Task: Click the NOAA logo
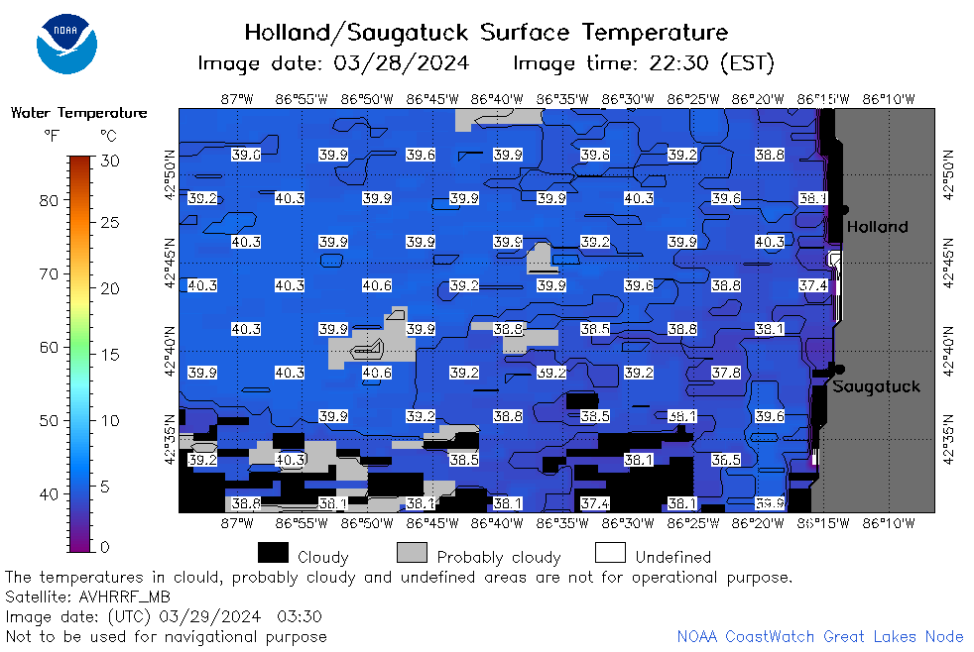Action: pos(66,44)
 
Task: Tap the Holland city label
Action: pos(877,227)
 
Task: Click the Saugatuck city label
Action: pos(876,386)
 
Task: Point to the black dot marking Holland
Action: pos(843,210)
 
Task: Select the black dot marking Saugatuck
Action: pos(840,370)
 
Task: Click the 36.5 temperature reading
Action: pos(726,460)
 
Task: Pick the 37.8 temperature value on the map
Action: pos(726,373)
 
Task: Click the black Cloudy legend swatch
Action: pos(273,553)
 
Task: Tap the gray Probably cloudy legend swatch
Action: pos(412,553)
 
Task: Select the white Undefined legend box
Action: pos(610,553)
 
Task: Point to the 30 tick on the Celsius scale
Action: pos(110,161)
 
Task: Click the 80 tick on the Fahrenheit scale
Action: pos(49,200)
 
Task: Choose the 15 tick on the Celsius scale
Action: pos(110,355)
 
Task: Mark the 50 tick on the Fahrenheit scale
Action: pos(49,420)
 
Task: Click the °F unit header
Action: pos(52,135)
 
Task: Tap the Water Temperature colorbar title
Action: pos(79,112)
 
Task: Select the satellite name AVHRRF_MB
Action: pos(124,597)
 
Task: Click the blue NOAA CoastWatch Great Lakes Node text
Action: pos(820,636)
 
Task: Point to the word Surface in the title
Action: pos(525,32)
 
